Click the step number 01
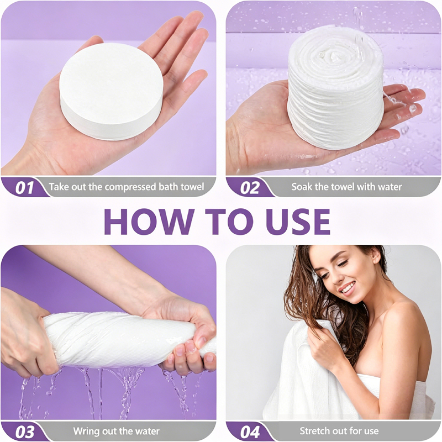(24, 188)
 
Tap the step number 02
(250, 188)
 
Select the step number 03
(25, 432)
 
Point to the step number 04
(250, 432)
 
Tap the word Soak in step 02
(301, 187)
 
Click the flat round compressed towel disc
(112, 92)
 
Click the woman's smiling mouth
(348, 288)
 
